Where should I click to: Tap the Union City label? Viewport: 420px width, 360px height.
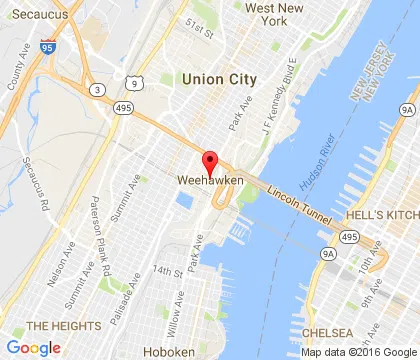[x=219, y=78]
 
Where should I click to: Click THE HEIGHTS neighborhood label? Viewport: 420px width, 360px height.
[x=63, y=326]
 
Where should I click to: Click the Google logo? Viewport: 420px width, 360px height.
[x=33, y=347]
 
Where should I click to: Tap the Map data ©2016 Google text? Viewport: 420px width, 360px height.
[x=357, y=351]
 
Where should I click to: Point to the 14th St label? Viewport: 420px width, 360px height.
[x=164, y=271]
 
